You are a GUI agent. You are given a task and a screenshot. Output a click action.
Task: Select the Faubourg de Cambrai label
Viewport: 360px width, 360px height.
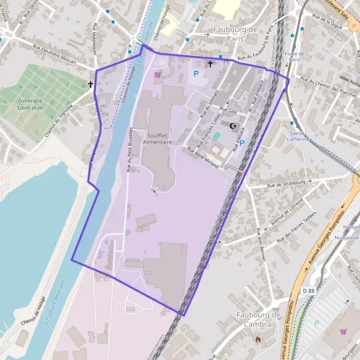(x=259, y=319)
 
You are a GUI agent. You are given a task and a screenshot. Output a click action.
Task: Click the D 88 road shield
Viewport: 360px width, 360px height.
(x=308, y=291)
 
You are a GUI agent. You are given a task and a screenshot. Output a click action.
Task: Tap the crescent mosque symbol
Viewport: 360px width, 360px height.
(x=233, y=125)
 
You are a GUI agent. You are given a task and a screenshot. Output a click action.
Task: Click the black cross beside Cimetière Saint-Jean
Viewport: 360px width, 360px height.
(x=91, y=85)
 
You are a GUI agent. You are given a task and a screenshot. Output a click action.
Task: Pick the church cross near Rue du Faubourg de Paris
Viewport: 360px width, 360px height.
(x=210, y=64)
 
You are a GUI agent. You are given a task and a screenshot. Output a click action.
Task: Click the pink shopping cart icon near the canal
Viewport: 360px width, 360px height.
(x=158, y=75)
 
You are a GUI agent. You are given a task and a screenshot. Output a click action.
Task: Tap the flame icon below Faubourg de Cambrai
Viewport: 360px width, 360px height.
(x=259, y=339)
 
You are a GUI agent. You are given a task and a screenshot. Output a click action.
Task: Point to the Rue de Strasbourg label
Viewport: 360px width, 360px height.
(x=292, y=182)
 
